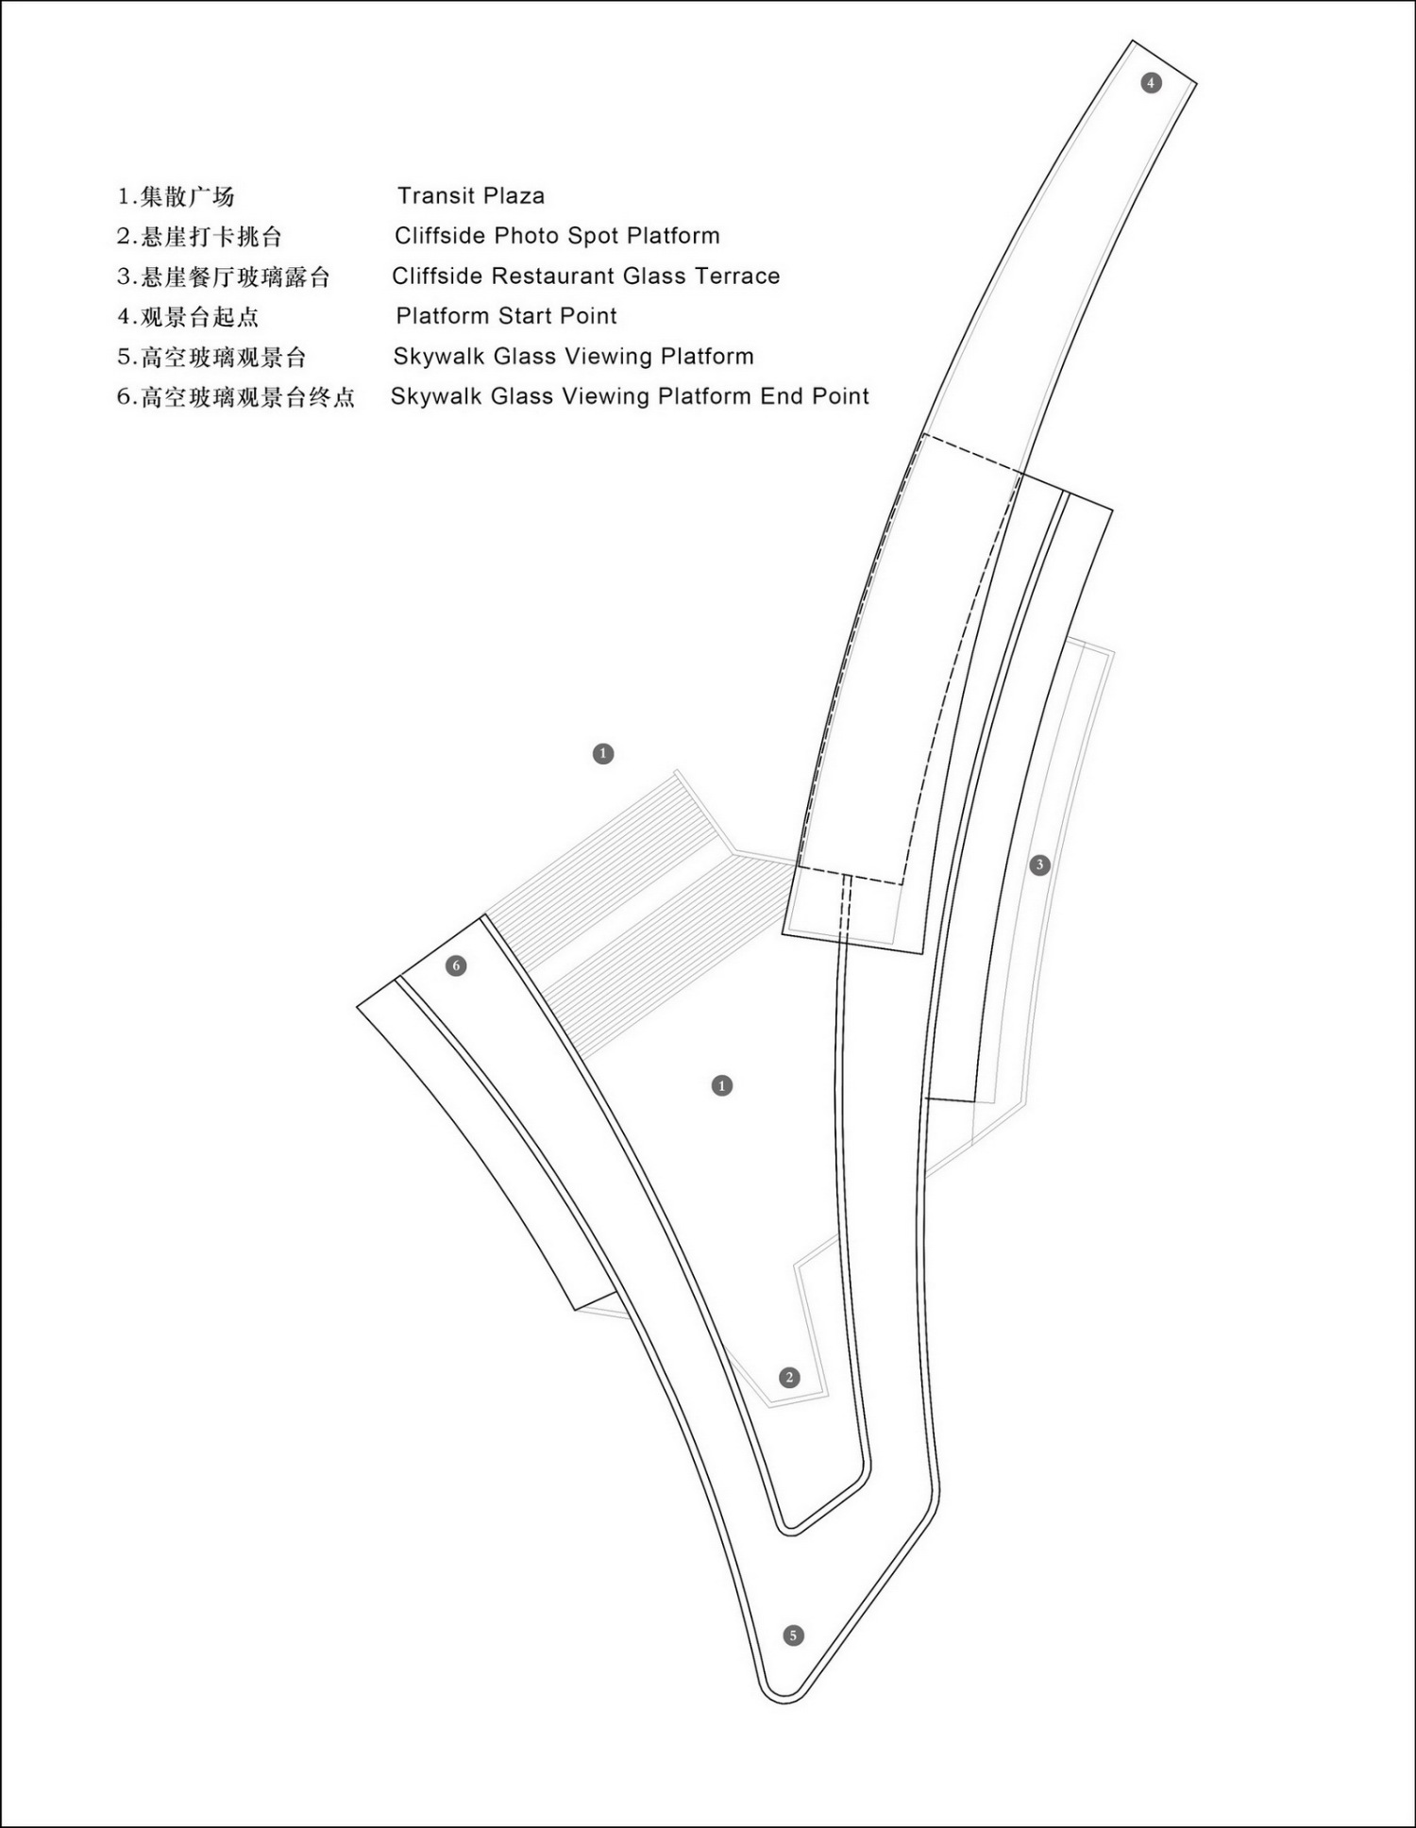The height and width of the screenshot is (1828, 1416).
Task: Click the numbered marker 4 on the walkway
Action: (1151, 83)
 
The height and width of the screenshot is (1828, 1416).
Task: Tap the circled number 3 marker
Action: (1039, 864)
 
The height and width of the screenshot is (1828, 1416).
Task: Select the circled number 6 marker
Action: (456, 965)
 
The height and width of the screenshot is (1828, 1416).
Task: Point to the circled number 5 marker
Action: (793, 1635)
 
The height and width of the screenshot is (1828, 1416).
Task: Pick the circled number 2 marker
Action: (789, 1378)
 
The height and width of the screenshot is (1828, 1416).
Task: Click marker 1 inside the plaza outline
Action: (722, 1086)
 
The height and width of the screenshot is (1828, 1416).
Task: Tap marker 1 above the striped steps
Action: (603, 754)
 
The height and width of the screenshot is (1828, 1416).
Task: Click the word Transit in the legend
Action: (434, 195)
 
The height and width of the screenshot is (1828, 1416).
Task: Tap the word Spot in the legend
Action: (592, 237)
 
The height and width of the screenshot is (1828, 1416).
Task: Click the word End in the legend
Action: (782, 396)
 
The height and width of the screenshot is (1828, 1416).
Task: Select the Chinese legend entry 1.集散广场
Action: (176, 196)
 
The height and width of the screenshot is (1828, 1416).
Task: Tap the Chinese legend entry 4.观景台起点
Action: (188, 317)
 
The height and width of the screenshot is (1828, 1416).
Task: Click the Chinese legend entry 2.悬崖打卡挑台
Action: (200, 237)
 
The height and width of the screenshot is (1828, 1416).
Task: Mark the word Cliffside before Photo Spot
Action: (440, 236)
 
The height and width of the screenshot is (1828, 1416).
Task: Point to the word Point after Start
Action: (588, 316)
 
